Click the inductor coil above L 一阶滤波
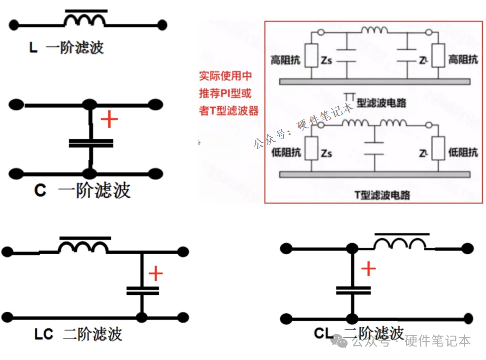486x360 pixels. [85, 19]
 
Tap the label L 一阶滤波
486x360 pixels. [67, 48]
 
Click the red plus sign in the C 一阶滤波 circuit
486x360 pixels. [109, 120]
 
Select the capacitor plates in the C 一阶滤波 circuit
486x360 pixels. [91, 143]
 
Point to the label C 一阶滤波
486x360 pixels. [82, 190]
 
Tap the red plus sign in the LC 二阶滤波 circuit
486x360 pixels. [156, 273]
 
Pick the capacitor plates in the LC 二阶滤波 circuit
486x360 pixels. [142, 290]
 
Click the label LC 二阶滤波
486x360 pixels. [78, 334]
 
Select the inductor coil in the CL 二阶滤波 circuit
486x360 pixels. [400, 243]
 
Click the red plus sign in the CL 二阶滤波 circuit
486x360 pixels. [368, 269]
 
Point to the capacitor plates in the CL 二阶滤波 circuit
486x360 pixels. [353, 290]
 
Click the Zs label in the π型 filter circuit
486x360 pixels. [326, 61]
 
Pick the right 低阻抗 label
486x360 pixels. [463, 153]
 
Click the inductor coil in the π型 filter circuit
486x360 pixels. [374, 31]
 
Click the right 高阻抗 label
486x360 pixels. [463, 60]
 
